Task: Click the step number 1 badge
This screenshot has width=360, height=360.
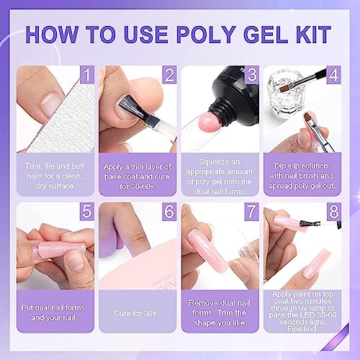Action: click(87, 75)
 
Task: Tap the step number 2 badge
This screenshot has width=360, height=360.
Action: click(169, 75)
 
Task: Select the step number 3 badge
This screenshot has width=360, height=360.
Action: click(252, 75)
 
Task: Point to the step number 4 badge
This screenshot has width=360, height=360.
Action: click(334, 75)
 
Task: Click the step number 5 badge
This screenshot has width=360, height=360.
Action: click(87, 212)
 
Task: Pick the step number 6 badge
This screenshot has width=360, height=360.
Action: click(169, 212)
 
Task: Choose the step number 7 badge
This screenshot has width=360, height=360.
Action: click(252, 212)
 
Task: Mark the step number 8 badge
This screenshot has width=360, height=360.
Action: click(334, 212)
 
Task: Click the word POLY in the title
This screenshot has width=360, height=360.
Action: click(206, 34)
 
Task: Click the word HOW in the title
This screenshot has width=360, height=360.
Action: click(51, 34)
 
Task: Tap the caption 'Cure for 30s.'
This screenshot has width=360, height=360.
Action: click(136, 313)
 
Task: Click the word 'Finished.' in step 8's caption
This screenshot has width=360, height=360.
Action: click(302, 329)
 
